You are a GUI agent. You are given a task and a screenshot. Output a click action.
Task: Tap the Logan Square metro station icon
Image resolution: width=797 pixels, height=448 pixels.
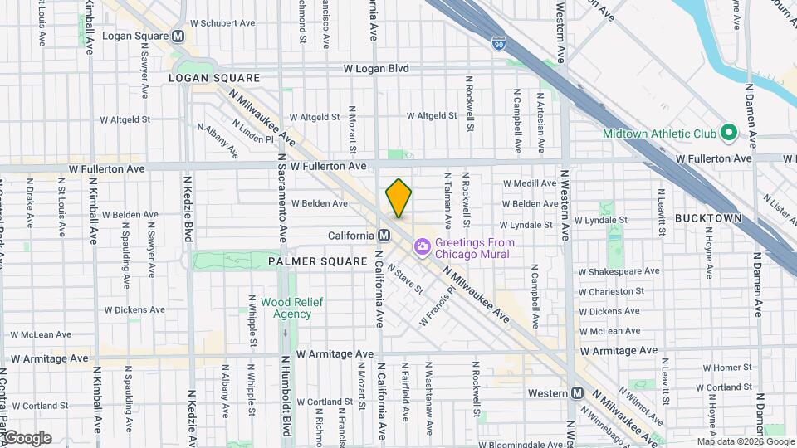tap(178, 37)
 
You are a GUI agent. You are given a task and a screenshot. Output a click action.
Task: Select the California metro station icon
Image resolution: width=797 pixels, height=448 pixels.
tap(384, 236)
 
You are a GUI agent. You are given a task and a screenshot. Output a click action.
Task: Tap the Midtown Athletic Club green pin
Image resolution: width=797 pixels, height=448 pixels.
tap(729, 133)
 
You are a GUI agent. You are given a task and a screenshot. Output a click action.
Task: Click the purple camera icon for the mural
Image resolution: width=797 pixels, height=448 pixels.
tap(423, 246)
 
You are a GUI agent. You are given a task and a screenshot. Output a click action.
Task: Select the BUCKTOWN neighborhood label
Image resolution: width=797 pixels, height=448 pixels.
tap(707, 217)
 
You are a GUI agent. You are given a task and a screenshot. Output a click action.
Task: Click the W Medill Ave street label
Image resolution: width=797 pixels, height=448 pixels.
tap(530, 183)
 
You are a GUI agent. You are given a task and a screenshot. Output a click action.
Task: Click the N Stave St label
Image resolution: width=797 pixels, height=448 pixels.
tap(405, 279)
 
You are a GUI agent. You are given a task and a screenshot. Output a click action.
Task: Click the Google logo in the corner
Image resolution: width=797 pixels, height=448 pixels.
tap(27, 438)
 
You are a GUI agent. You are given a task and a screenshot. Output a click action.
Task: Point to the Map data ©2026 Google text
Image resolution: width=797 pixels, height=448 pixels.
tap(745, 441)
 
